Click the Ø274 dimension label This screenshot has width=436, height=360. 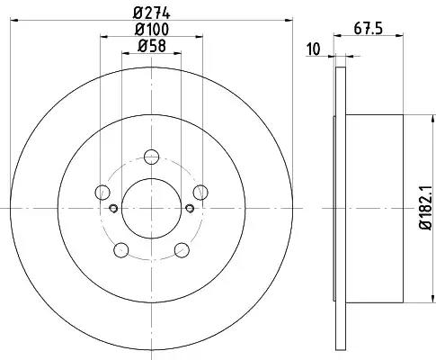(x=152, y=13)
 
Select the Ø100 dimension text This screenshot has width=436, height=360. (x=152, y=30)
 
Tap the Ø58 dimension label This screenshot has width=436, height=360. (x=152, y=46)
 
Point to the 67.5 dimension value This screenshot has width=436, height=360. (x=369, y=29)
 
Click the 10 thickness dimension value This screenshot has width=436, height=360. (x=314, y=49)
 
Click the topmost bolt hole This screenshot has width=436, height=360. (x=152, y=157)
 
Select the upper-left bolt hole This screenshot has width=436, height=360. (x=102, y=193)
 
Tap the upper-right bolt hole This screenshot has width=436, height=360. (x=200, y=193)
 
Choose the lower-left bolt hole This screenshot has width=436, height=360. (x=121, y=250)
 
